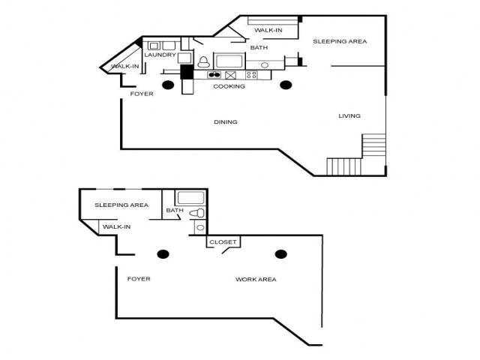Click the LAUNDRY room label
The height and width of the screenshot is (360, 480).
(x=160, y=55)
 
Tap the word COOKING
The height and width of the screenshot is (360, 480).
(x=229, y=86)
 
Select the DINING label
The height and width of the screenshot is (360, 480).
(x=225, y=121)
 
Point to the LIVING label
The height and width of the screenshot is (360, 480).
(x=349, y=115)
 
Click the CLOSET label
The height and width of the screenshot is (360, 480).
(x=223, y=242)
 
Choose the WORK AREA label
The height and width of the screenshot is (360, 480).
(x=256, y=280)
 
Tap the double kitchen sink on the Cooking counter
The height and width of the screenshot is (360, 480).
(x=214, y=75)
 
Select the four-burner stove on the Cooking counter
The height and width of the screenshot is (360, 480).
(x=250, y=75)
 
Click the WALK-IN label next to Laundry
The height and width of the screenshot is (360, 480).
(x=124, y=67)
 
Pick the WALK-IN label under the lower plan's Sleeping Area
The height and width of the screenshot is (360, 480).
(x=116, y=226)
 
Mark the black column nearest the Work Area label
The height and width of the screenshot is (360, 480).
(x=280, y=254)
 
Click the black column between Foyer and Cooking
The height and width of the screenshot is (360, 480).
(x=168, y=85)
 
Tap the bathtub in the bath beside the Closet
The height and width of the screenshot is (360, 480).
(x=190, y=199)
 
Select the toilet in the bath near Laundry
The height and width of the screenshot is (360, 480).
(x=202, y=61)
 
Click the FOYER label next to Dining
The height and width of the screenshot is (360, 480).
(x=142, y=94)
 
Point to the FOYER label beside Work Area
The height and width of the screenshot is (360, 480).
(x=139, y=279)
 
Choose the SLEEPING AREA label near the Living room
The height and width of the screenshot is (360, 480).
(x=340, y=41)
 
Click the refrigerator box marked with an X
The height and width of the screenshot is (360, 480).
(x=231, y=75)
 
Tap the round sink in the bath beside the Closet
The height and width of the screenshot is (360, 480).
(x=200, y=227)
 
